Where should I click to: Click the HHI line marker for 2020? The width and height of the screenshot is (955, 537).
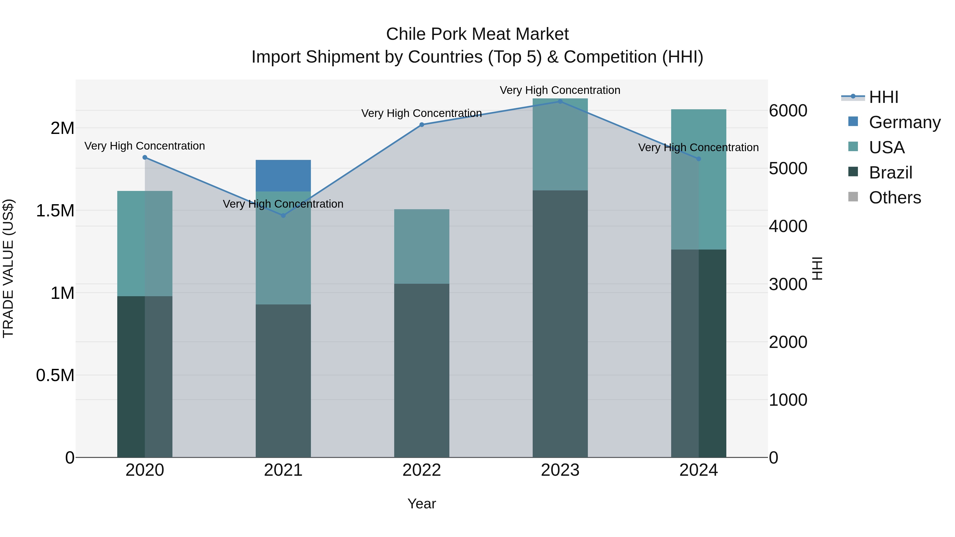click(145, 158)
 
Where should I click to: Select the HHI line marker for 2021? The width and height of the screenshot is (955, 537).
click(283, 215)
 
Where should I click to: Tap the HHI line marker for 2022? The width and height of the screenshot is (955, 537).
click(422, 125)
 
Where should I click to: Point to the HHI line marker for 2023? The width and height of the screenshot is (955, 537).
click(560, 101)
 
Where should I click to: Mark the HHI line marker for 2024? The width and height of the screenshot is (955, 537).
click(698, 159)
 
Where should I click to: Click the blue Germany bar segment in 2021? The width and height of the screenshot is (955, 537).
click(283, 175)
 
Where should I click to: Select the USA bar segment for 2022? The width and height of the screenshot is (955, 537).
click(422, 246)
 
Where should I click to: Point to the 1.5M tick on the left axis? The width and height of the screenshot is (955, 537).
click(55, 211)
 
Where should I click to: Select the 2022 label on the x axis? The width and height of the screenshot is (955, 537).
click(422, 470)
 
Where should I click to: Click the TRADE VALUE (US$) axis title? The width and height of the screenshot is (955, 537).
click(8, 268)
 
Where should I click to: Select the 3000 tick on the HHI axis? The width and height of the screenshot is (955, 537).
click(788, 284)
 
